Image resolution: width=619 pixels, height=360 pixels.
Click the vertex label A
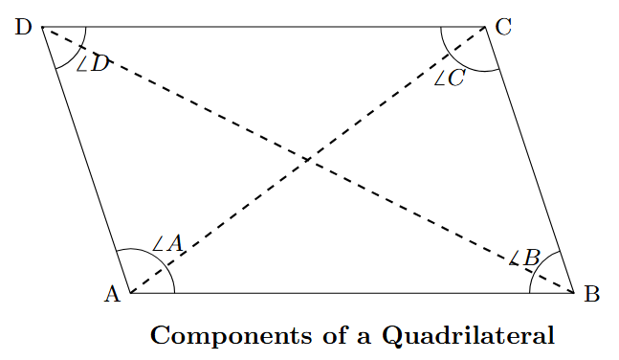click(x=111, y=294)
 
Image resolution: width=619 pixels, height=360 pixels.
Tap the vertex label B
click(x=591, y=294)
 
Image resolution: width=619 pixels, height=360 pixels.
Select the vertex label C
click(x=504, y=28)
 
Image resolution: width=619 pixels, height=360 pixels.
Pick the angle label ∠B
click(x=525, y=257)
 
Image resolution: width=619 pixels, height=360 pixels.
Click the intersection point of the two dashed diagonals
click(x=307, y=159)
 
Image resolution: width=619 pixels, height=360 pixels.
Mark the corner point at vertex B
click(x=572, y=292)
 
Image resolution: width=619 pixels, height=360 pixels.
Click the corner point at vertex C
click(x=486, y=28)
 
